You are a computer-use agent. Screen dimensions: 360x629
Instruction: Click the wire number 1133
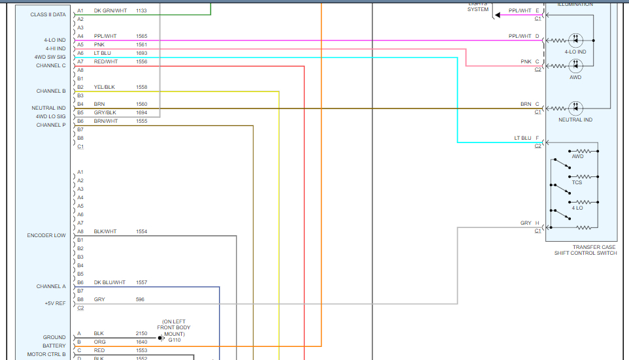141,11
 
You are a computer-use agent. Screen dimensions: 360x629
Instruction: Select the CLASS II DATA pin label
48,14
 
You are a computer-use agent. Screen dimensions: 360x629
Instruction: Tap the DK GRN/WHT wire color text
110,11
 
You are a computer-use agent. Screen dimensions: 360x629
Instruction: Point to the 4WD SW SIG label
50,57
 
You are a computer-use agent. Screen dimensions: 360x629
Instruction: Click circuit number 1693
141,53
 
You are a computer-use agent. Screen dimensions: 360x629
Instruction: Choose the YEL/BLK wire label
105,87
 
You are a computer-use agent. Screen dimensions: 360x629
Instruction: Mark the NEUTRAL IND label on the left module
48,108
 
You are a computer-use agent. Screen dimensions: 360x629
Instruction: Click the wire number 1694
141,112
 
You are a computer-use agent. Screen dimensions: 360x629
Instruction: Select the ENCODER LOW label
46,235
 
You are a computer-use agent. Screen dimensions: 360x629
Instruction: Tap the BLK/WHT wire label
105,231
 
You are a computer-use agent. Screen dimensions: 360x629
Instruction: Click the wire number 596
140,299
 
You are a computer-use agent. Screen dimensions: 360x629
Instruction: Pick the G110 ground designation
175,340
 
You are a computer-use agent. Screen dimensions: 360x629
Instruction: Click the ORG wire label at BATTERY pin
99,342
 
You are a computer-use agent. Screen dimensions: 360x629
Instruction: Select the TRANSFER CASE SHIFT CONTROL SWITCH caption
585,250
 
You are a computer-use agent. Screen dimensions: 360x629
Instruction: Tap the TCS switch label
577,182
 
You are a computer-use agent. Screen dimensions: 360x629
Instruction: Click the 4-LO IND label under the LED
575,51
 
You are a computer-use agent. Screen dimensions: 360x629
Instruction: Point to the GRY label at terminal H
526,223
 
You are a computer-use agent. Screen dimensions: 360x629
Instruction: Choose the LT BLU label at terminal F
522,138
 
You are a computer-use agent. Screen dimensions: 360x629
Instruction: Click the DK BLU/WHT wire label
109,282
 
